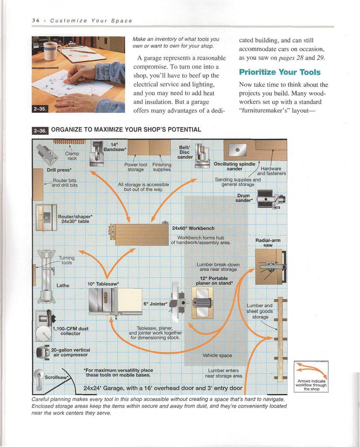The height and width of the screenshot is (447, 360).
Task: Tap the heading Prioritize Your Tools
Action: (279, 72)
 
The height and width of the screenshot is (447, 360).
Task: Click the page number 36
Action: (35, 20)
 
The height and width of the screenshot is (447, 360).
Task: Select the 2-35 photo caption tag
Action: (40, 109)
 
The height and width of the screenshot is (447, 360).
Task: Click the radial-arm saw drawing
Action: (270, 266)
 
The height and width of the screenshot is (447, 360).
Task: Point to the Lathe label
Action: (63, 285)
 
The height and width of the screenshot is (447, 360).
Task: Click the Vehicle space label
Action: (217, 355)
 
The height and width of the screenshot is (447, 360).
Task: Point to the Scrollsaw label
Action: (57, 377)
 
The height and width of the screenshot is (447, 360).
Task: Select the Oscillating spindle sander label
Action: (234, 166)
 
